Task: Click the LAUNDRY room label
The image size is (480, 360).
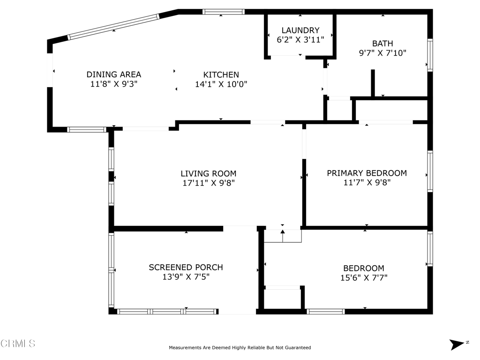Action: click(300, 30)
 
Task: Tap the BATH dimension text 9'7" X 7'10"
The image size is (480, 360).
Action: click(382, 53)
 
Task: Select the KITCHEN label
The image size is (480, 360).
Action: click(221, 75)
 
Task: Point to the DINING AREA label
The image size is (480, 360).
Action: click(113, 75)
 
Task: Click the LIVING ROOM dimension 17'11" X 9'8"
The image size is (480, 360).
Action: click(209, 183)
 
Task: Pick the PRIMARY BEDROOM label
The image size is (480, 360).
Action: click(367, 173)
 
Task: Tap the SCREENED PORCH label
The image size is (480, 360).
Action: click(186, 268)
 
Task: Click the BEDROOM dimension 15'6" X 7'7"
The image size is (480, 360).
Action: click(364, 277)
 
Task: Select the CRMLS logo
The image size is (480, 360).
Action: click(18, 343)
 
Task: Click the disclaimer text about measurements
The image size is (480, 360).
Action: click(240, 347)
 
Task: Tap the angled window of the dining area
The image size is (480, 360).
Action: click(113, 27)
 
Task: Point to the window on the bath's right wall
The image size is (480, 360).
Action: click(430, 55)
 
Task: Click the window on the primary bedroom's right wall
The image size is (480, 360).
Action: click(430, 172)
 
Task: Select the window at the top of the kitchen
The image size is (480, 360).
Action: click(224, 12)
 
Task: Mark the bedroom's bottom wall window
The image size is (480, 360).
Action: click(326, 312)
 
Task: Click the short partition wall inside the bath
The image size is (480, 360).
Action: click(373, 83)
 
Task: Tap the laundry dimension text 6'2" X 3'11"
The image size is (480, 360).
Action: click(300, 40)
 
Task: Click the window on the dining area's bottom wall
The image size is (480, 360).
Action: click(87, 129)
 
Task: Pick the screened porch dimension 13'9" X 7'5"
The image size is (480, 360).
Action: click(186, 277)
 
